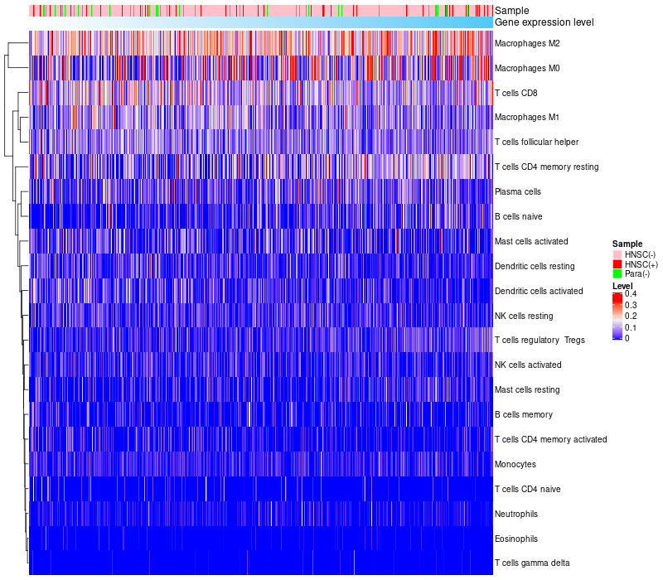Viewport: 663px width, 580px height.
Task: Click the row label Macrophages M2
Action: tap(528, 43)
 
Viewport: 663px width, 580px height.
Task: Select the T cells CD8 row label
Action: tap(515, 93)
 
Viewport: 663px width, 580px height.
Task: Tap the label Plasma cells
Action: tap(518, 191)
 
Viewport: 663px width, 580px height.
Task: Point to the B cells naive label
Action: tap(518, 216)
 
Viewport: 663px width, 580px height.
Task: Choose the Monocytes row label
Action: tap(515, 464)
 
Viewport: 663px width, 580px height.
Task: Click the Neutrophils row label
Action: tap(517, 514)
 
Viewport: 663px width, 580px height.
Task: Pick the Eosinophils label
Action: tap(517, 539)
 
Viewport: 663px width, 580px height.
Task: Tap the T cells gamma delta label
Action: tap(532, 563)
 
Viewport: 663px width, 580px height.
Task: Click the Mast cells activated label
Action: tap(531, 241)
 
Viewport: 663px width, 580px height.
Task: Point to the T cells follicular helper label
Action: tap(536, 142)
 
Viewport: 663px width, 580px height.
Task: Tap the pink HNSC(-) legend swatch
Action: tap(617, 254)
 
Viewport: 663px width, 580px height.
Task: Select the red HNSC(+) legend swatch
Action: tap(617, 263)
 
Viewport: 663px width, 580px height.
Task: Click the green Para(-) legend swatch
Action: tap(617, 273)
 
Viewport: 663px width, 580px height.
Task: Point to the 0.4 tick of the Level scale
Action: tap(631, 294)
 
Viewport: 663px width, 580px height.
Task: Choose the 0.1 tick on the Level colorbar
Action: tap(631, 327)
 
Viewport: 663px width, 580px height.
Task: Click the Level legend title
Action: tap(622, 286)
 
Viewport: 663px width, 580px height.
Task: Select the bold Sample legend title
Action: tap(627, 244)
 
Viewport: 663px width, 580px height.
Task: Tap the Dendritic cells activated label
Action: tap(539, 291)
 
